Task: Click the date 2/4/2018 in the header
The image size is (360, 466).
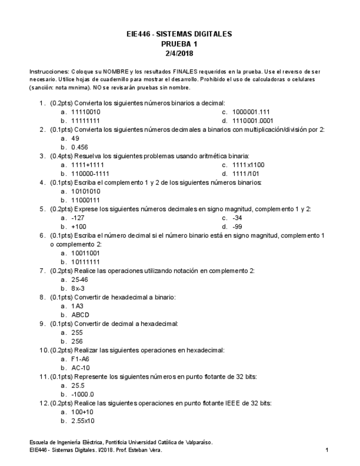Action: tap(179, 53)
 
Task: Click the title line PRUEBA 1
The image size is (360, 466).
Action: tap(179, 43)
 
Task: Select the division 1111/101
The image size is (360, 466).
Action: tap(246, 174)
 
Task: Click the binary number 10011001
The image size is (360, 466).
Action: tap(85, 253)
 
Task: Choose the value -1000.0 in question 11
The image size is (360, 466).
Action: tap(83, 394)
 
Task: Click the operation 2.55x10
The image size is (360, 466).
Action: tap(84, 420)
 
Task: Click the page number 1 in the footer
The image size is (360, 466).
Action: tap(327, 450)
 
